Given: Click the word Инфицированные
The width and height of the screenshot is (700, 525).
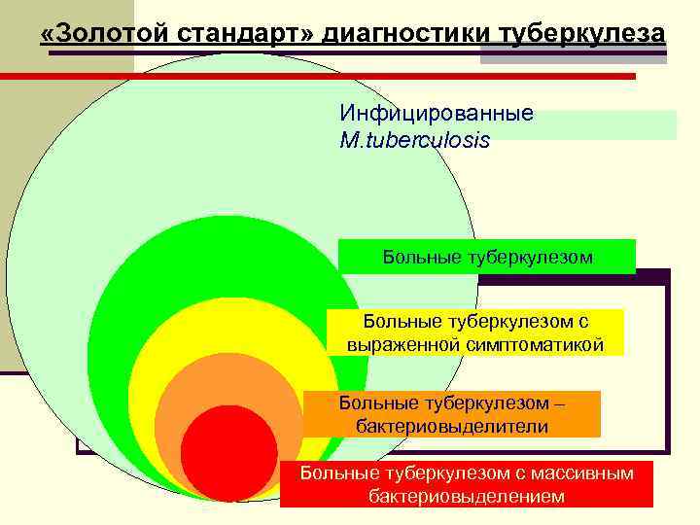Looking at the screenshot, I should tap(437, 114).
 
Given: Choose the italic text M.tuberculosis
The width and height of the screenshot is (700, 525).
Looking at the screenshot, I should tap(415, 140).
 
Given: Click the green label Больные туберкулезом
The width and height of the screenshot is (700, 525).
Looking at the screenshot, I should tap(487, 257).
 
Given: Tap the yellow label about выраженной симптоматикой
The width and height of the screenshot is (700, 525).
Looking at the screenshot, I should tap(475, 332).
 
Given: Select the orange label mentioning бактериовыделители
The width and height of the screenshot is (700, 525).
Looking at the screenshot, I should tap(452, 414).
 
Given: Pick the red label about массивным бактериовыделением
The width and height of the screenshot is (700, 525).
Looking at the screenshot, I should tap(467, 484).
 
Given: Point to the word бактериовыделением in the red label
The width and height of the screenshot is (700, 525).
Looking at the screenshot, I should tap(467, 497).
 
